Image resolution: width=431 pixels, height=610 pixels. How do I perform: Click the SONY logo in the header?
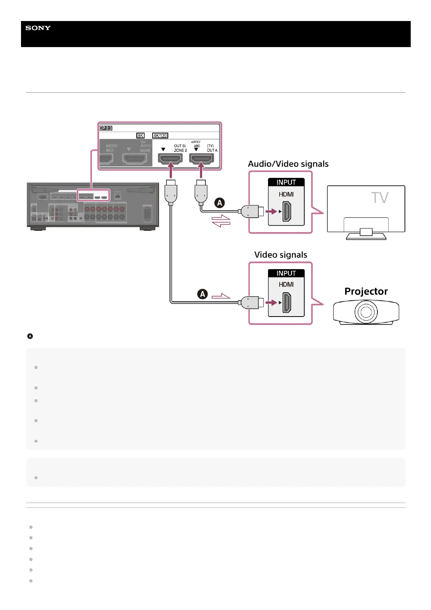click(38, 28)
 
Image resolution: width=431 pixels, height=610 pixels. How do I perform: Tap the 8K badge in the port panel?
click(140, 135)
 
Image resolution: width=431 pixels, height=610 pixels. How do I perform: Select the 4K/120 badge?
click(160, 135)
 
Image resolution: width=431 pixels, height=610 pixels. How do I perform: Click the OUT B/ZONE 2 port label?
click(180, 148)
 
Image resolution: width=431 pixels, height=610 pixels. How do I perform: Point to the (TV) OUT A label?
click(212, 148)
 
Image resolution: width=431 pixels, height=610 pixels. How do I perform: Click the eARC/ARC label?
click(196, 144)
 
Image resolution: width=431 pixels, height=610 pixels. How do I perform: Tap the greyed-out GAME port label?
click(145, 150)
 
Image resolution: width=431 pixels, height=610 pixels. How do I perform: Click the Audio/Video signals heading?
click(288, 164)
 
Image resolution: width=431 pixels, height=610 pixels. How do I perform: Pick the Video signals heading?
click(281, 255)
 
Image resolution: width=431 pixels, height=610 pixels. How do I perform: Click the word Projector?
click(366, 291)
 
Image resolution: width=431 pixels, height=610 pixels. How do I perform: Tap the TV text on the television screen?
click(379, 198)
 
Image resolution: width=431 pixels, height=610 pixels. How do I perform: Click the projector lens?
click(366, 312)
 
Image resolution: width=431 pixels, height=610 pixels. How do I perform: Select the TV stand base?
click(366, 237)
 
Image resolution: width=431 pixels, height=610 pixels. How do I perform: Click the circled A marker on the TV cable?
click(219, 203)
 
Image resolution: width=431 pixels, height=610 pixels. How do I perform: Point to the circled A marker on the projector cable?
click(202, 294)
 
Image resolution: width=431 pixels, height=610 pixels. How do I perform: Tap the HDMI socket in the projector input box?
click(286, 302)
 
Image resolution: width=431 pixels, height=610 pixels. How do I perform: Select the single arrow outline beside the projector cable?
click(221, 296)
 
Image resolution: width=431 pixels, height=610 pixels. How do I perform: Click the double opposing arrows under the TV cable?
click(221, 221)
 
